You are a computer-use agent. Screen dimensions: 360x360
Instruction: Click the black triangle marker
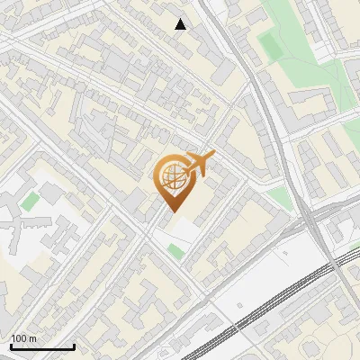181,24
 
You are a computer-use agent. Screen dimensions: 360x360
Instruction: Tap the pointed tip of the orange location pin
171,211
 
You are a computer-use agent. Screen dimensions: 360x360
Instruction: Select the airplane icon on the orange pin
199,164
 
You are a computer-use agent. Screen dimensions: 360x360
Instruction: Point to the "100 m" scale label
23,338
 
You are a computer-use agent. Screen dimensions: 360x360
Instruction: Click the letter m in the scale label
32,338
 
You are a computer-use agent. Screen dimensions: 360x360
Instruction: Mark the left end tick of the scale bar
11,346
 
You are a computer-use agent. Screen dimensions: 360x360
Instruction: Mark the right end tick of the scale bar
74,346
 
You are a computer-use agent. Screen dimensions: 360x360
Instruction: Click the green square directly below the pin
175,250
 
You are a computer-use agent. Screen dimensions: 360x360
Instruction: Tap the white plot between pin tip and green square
180,229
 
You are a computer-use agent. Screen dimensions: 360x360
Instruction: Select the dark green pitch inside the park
269,44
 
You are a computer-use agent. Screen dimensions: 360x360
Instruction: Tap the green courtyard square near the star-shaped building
31,201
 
